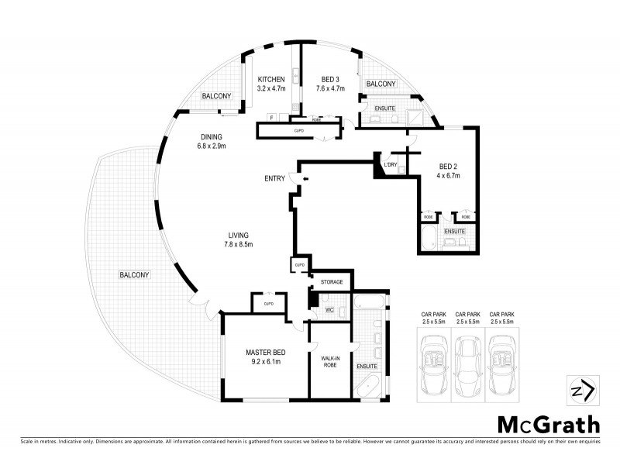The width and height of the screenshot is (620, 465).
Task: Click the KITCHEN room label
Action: point(271,80)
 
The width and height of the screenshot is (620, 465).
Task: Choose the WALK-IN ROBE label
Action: point(331,361)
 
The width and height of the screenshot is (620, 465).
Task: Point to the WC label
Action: point(329,310)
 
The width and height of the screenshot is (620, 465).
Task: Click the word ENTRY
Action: point(274,179)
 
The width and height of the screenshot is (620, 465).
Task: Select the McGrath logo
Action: point(547,424)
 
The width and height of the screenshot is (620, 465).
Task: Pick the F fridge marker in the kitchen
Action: point(271,118)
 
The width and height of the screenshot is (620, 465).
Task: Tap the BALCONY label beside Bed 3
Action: point(381,84)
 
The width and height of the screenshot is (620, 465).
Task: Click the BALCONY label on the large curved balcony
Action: point(134,275)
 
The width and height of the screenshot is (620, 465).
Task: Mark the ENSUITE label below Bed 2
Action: point(453,231)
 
